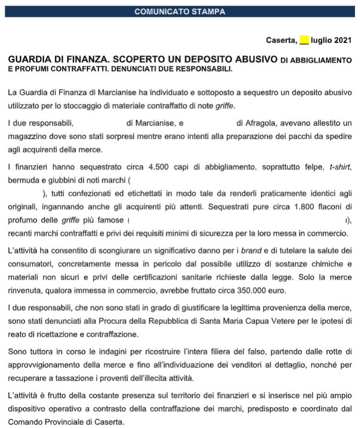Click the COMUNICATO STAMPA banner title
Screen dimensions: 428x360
tap(180, 11)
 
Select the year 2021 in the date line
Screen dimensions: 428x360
tap(342, 40)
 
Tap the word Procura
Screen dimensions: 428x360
tap(131, 320)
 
